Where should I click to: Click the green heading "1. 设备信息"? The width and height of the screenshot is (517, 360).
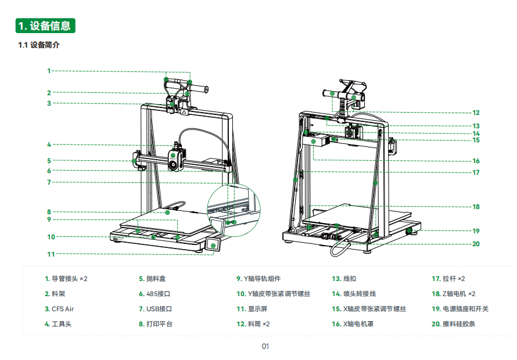coord(45,26)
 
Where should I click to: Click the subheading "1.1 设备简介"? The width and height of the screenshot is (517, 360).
coord(39,45)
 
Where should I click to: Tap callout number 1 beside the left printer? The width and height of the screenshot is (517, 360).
coord(49,71)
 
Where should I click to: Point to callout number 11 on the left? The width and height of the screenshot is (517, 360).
coord(51,254)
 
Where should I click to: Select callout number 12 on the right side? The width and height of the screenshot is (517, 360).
coord(476,113)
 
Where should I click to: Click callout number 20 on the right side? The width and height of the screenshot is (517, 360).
coord(476,244)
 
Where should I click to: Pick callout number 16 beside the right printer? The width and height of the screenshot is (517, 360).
coord(476,161)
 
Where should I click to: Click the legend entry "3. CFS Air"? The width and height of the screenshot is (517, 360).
coord(59,309)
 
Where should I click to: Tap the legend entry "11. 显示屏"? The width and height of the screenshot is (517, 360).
coord(252,309)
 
